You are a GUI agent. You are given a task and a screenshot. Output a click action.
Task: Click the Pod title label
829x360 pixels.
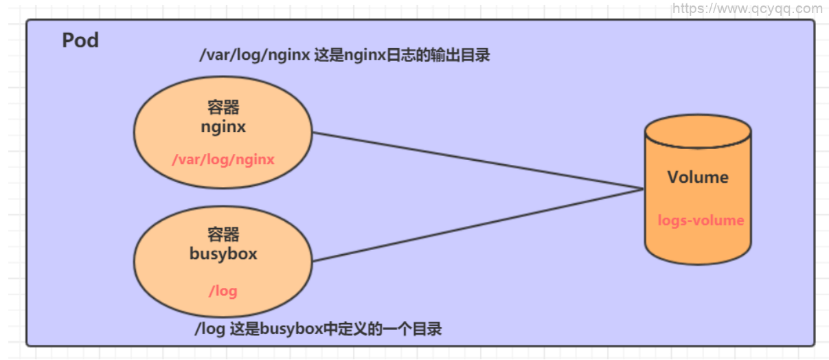[80, 41]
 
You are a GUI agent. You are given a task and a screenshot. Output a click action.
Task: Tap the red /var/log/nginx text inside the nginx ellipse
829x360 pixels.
[223, 160]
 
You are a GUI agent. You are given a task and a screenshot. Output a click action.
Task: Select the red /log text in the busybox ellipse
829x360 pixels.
[223, 291]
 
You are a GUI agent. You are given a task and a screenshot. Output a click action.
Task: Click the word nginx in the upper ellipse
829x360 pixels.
[223, 127]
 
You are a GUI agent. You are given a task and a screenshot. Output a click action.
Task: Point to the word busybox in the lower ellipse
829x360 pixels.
[223, 254]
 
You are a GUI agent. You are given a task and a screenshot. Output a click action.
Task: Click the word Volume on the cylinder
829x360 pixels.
[698, 177]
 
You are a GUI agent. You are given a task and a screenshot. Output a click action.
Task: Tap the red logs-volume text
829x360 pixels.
[701, 221]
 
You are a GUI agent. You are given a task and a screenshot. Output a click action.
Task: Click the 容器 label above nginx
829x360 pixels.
[223, 108]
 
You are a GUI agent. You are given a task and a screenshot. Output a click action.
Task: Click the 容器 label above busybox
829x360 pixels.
[223, 234]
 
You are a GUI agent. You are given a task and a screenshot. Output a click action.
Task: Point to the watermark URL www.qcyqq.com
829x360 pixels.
[747, 9]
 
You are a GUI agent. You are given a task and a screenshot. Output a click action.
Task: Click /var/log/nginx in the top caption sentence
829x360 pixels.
[254, 56]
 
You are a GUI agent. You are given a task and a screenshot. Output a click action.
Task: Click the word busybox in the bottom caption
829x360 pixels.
[288, 329]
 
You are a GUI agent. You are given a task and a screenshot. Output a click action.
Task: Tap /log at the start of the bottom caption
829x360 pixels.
[209, 329]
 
